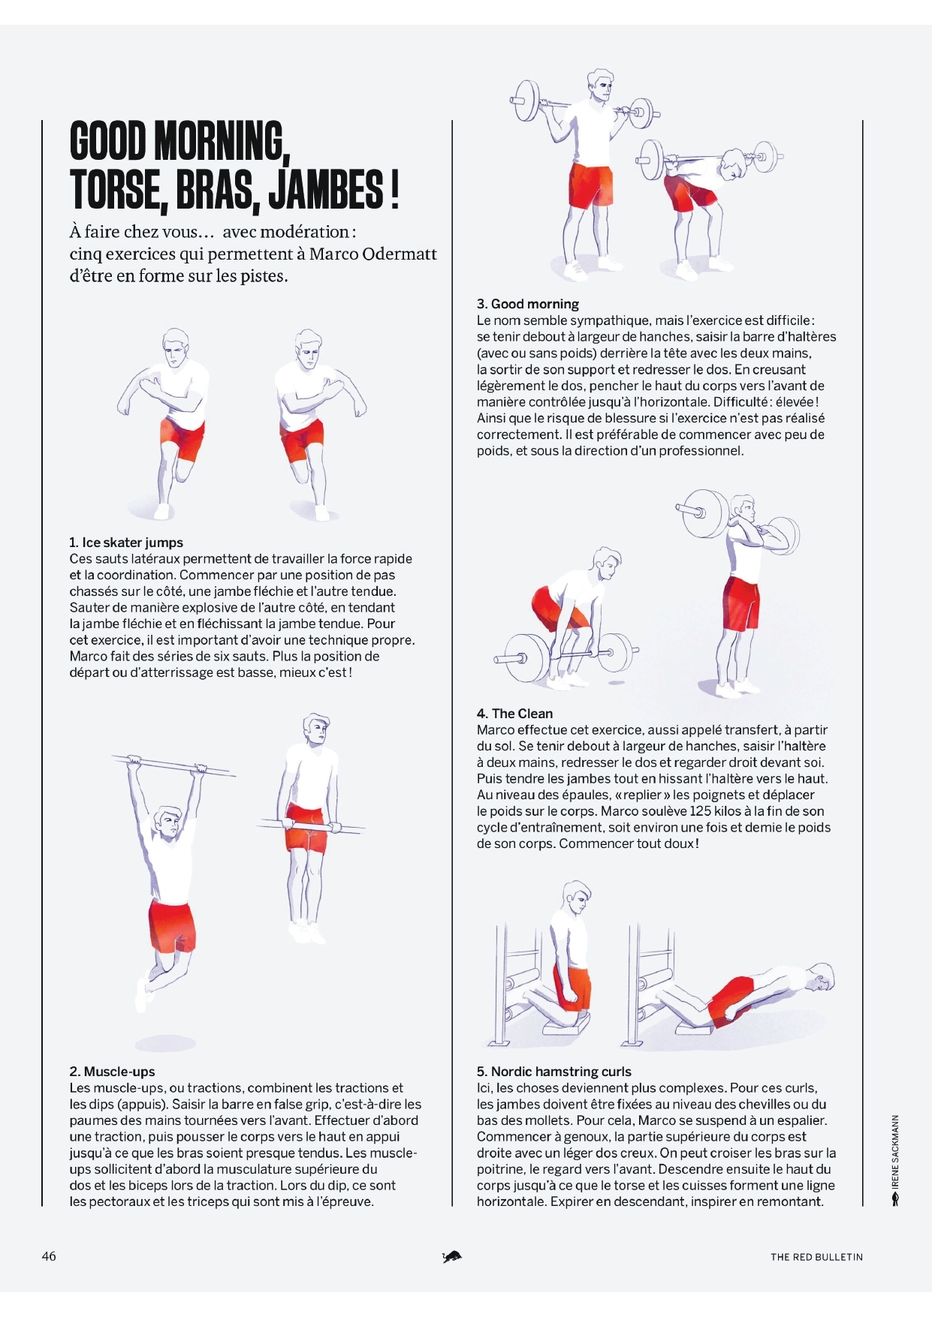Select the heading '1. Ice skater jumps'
coord(126,543)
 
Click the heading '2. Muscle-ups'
coord(112,1072)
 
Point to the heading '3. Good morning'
coord(528,304)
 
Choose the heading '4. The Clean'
coord(514,714)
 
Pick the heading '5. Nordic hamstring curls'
coord(554,1072)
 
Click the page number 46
coord(49,1256)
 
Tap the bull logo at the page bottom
coord(452,1256)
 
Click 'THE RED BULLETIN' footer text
coord(816,1257)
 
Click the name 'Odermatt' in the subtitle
coord(400,254)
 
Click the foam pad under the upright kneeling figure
coord(564,1021)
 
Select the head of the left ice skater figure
coord(175,347)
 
